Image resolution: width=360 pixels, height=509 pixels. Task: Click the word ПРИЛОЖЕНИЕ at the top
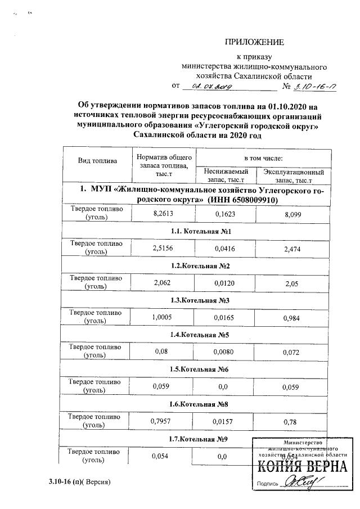pyautogui.click(x=255, y=42)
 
